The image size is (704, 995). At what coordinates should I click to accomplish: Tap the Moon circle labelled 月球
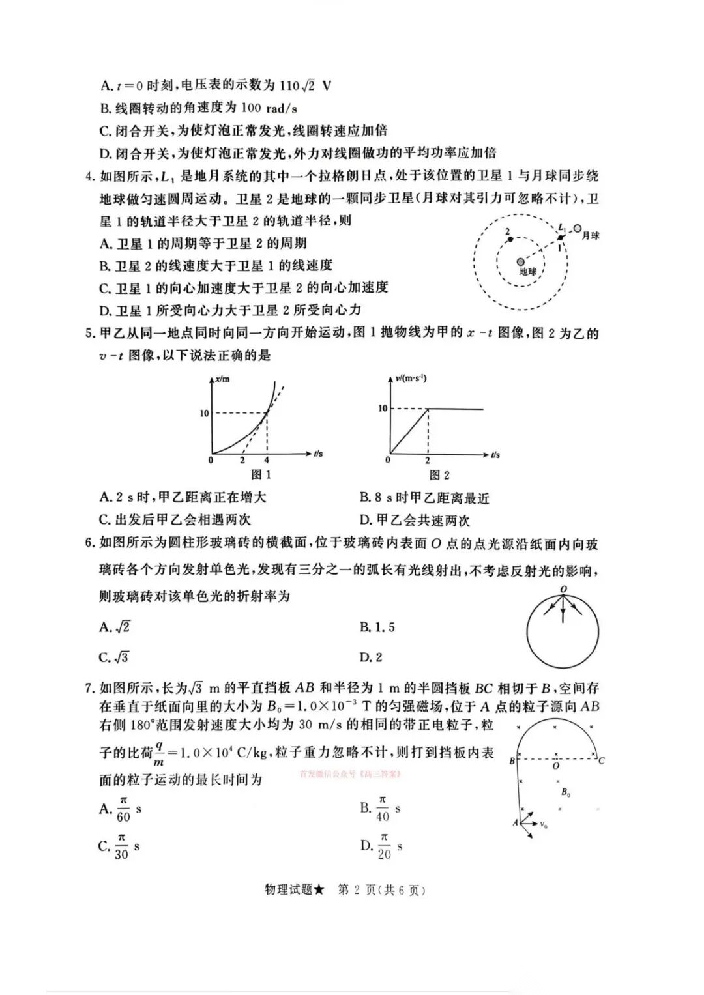tap(578, 229)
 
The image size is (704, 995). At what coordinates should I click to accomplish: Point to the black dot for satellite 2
tap(510, 239)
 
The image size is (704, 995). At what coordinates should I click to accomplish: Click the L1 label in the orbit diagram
tap(562, 227)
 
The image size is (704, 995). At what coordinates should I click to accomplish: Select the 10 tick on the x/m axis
tap(204, 413)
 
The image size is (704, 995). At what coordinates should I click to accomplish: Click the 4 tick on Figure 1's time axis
tap(267, 460)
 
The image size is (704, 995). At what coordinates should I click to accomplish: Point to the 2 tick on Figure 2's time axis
tap(428, 460)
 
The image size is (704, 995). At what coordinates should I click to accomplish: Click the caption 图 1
tap(261, 474)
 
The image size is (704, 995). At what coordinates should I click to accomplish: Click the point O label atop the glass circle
tap(563, 589)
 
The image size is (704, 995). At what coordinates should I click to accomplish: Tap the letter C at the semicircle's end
tap(601, 760)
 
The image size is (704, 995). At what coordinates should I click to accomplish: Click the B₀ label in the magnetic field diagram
tap(566, 793)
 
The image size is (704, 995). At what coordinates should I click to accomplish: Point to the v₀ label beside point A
tap(544, 825)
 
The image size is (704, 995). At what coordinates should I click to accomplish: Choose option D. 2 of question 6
tap(371, 657)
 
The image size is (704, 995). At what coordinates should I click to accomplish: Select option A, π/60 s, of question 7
tap(121, 809)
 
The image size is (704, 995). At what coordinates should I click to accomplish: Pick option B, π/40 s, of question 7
tap(381, 809)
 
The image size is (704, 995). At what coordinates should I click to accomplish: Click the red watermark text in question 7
tap(349, 775)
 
